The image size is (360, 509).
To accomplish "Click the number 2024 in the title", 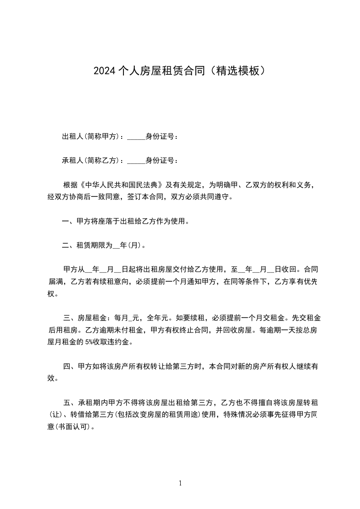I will [104, 71].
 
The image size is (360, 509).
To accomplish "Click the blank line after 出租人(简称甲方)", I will [136, 138].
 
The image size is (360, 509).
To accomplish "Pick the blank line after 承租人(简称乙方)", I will [136, 162].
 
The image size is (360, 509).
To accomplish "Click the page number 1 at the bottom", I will [180, 483].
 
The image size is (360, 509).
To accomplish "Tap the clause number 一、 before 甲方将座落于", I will [69, 222].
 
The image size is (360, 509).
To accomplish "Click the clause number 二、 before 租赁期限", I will [69, 246].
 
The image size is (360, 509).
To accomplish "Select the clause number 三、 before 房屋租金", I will [70, 318].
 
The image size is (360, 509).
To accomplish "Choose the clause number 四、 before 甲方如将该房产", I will [70, 366].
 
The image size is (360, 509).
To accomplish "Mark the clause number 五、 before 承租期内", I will [70, 402].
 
